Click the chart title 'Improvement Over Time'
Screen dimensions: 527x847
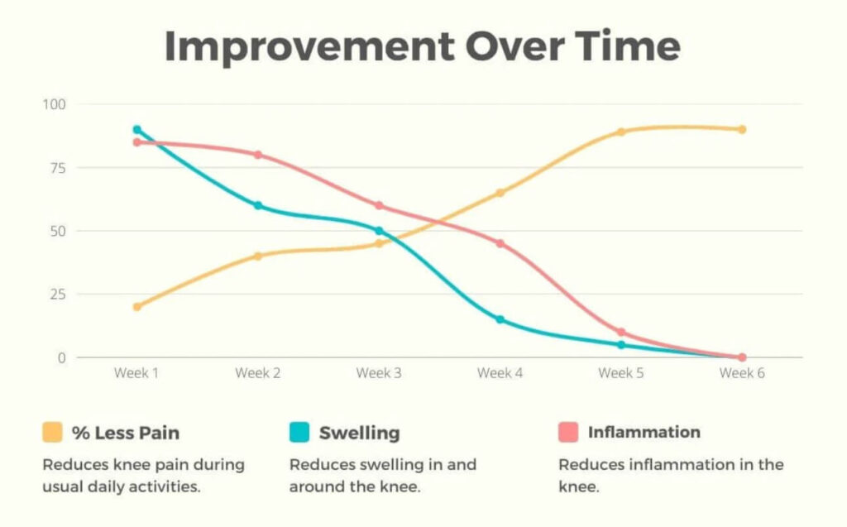[x=423, y=47]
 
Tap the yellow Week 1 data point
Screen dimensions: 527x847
[x=136, y=307]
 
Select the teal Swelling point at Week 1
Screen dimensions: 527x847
[x=136, y=129]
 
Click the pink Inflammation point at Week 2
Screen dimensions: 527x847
[x=258, y=155]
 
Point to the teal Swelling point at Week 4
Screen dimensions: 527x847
[x=500, y=319]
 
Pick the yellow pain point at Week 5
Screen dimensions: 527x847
[x=620, y=132]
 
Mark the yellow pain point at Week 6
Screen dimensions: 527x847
[x=742, y=129]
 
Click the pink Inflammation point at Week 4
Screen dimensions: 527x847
[x=500, y=243]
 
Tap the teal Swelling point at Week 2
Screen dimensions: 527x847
[x=258, y=205]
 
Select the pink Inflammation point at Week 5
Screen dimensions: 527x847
[x=620, y=333]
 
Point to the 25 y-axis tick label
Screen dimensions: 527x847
[x=60, y=295]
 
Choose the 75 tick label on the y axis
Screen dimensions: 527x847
[x=60, y=168]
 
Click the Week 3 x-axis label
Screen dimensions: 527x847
[x=379, y=373]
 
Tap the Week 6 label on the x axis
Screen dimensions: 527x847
[x=742, y=373]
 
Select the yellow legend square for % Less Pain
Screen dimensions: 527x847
[x=52, y=432]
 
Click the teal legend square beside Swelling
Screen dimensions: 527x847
[x=299, y=432]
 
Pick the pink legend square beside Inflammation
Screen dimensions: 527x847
[x=568, y=432]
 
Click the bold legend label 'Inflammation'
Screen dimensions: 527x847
[x=644, y=432]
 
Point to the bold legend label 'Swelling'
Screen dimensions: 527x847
[x=359, y=432]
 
